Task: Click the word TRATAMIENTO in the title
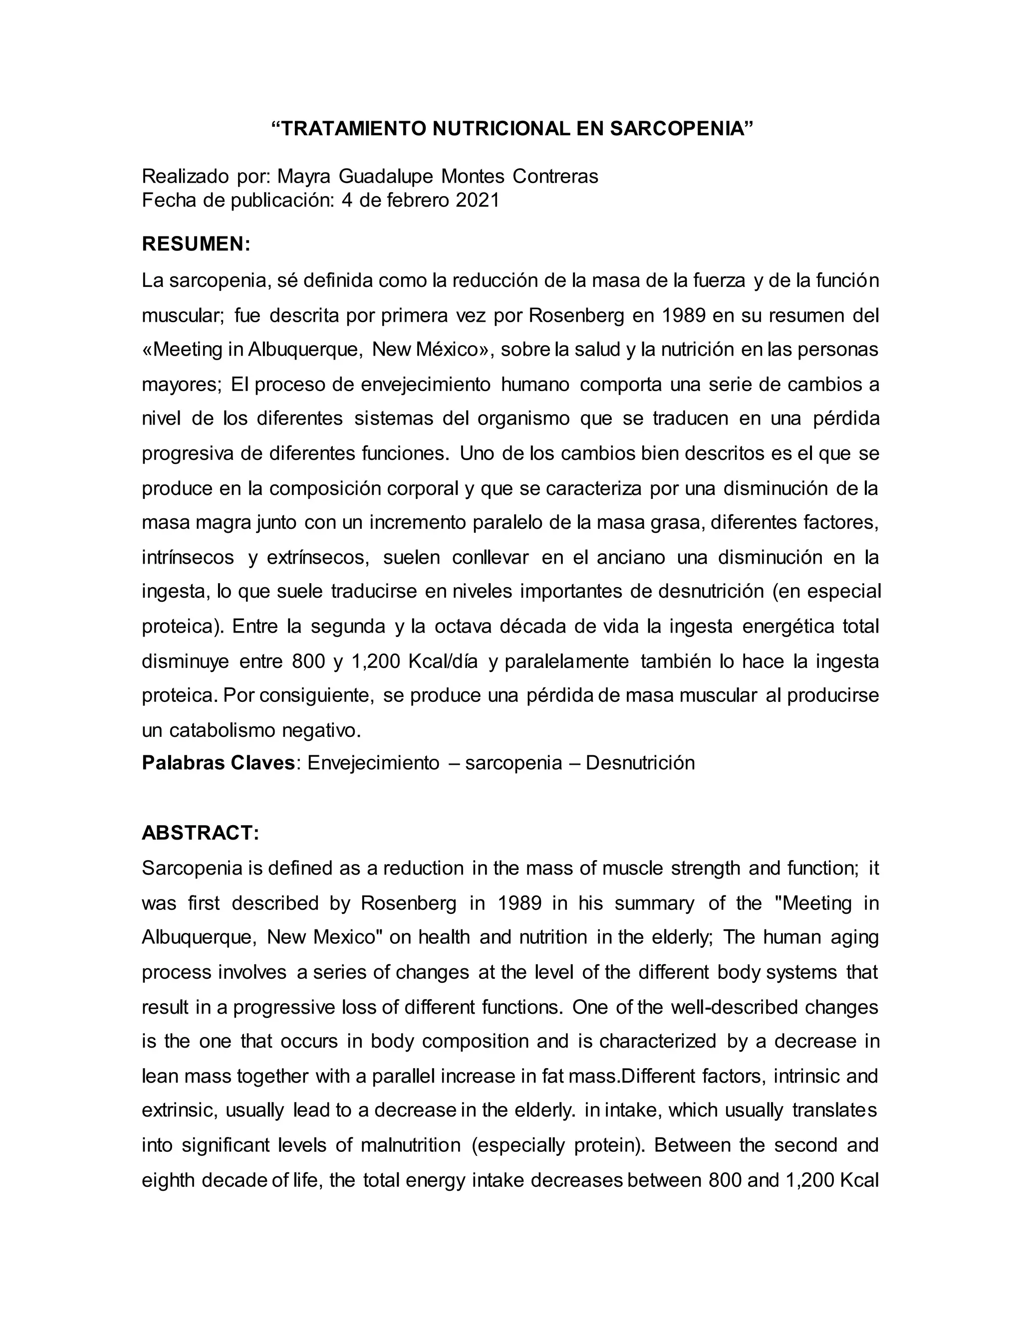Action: point(355,129)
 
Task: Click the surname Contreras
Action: point(555,176)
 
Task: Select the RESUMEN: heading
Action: point(196,244)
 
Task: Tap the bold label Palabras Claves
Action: point(218,763)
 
